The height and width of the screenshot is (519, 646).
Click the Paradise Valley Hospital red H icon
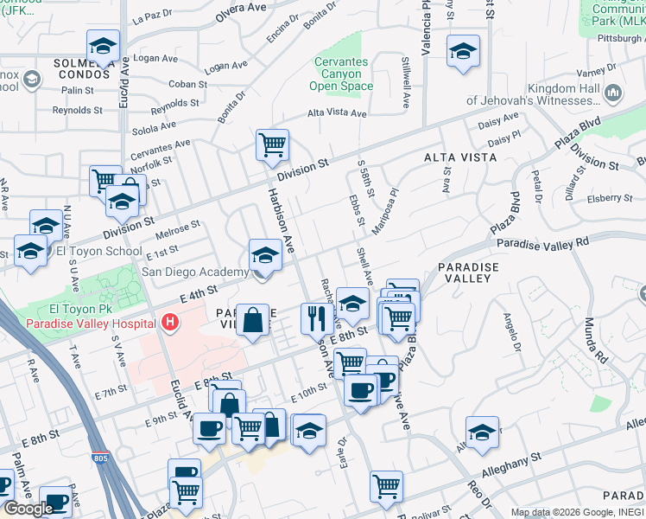[x=170, y=323]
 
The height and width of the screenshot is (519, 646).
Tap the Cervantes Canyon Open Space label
[x=340, y=74]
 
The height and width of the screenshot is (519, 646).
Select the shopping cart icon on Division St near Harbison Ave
[x=272, y=144]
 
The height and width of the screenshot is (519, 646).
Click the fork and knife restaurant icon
[x=317, y=317]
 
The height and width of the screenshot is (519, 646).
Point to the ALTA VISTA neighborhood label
[x=460, y=157]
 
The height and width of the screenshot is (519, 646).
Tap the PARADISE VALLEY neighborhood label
[x=470, y=272]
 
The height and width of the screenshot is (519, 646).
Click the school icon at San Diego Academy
[x=265, y=254]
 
